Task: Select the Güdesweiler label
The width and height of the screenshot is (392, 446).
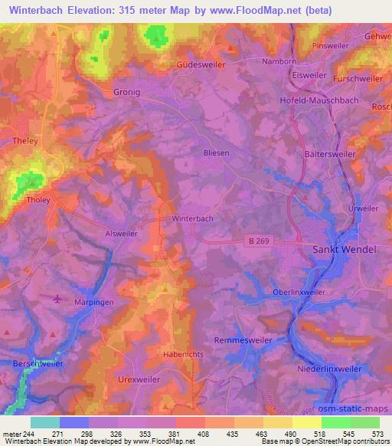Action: point(201,65)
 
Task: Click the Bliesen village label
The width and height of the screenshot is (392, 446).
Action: point(216,152)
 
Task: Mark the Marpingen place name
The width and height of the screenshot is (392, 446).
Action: point(93,302)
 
